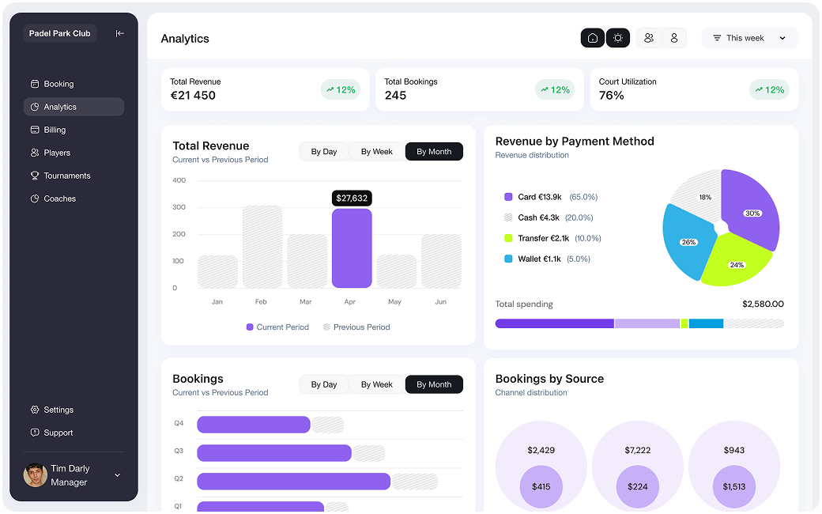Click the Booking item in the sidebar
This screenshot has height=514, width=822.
pos(58,84)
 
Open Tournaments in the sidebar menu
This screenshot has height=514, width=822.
pos(66,176)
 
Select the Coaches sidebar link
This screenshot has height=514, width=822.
pos(59,198)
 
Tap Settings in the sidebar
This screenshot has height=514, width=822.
pos(58,410)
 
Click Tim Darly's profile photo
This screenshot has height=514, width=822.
pos(35,474)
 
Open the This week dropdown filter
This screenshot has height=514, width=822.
pos(749,38)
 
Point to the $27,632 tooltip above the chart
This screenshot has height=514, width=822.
pos(352,198)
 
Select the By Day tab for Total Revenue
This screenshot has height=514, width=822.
pos(324,152)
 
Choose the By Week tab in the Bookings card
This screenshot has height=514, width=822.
pos(377,384)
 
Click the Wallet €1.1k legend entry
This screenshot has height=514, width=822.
pos(539,259)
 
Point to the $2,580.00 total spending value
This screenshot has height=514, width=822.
pos(763,304)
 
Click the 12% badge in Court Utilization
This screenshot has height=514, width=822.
pos(769,89)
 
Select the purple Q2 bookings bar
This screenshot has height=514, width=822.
pos(293,481)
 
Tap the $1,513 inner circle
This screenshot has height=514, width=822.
pos(733,486)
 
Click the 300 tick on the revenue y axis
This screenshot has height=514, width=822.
pos(179,207)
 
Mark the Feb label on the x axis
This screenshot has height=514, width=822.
pos(261,302)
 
